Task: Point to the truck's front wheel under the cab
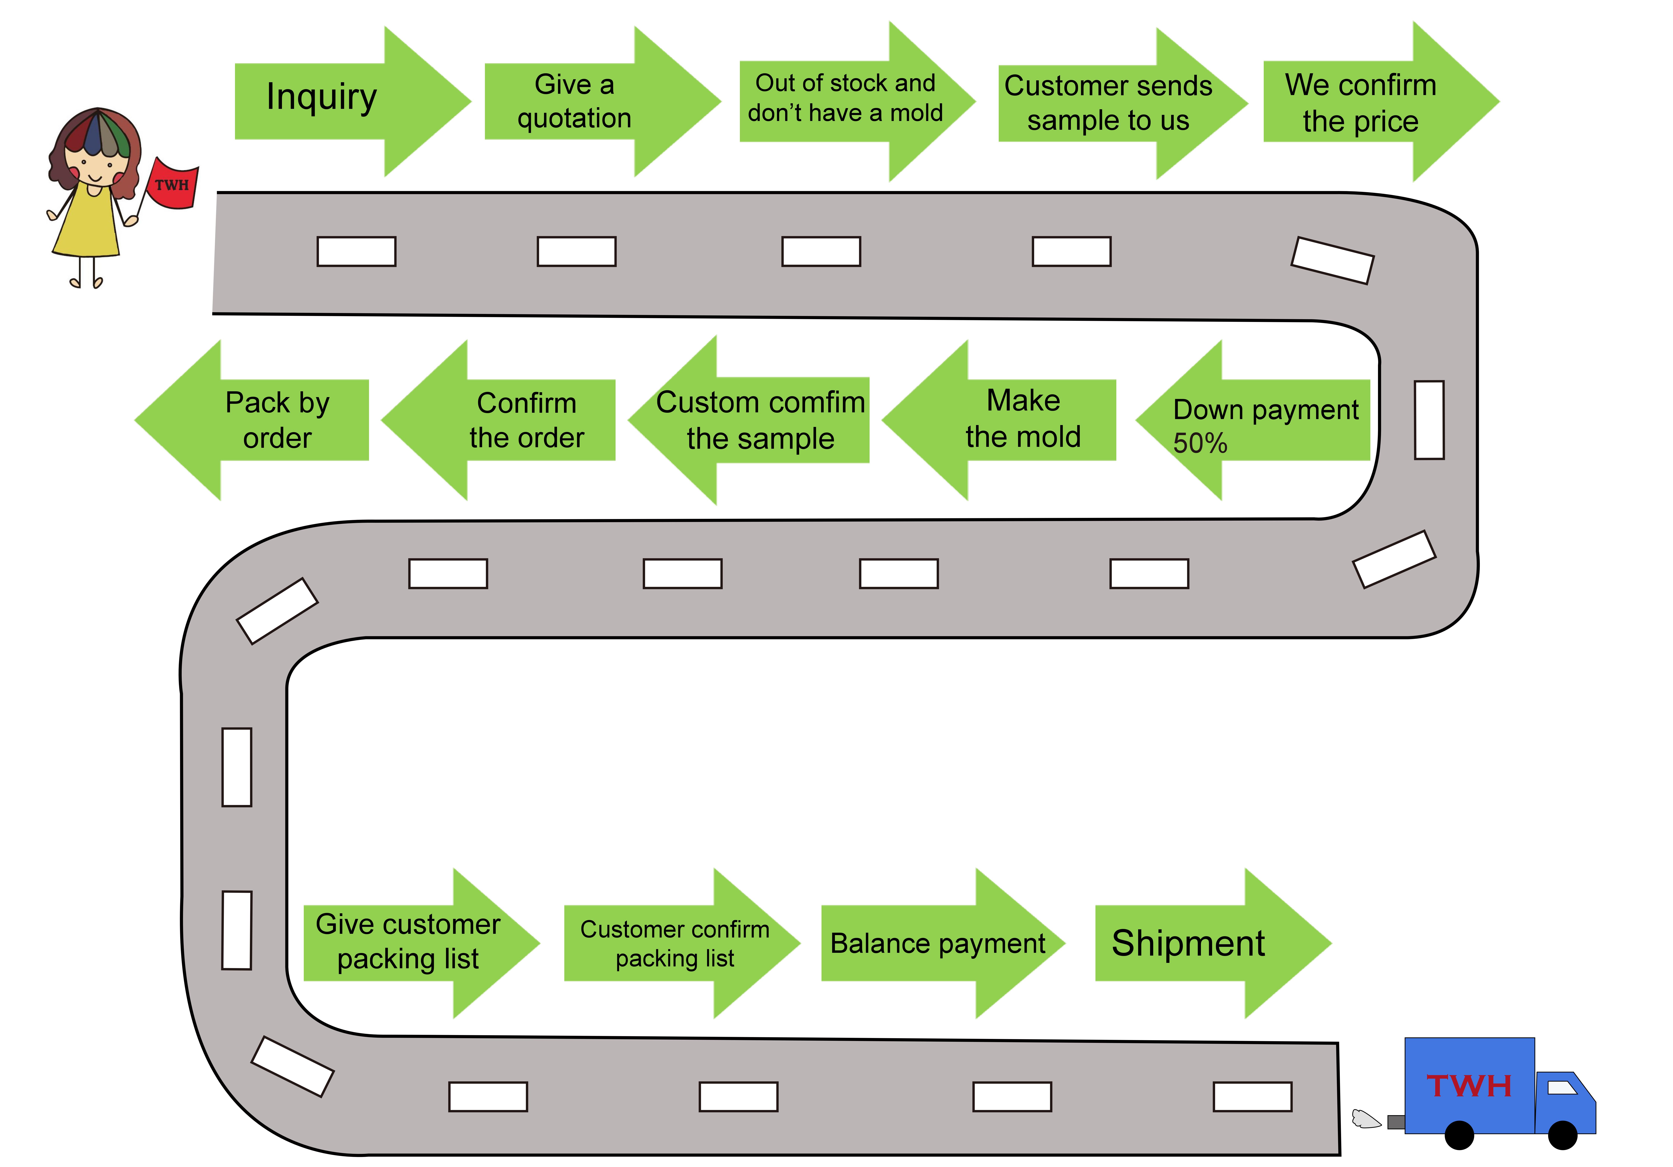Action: [x=1562, y=1135]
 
